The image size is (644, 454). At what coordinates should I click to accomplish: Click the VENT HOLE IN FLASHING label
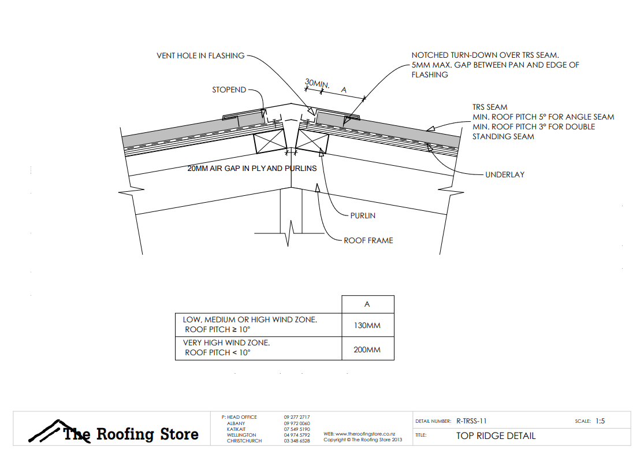(200, 56)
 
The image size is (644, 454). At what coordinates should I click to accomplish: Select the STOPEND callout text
(229, 90)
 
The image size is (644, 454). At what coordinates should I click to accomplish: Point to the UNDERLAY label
(505, 174)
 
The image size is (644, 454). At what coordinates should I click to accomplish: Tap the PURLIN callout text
(363, 215)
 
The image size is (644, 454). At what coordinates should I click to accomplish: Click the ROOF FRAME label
(368, 240)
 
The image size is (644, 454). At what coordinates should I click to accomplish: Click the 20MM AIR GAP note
(252, 169)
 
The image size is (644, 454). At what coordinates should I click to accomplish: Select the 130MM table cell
(367, 326)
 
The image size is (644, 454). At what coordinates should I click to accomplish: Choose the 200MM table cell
(367, 349)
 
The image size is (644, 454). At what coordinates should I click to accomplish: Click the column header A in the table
(367, 304)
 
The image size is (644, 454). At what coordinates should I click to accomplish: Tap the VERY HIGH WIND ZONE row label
(226, 343)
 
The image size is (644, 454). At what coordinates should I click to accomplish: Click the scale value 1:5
(600, 421)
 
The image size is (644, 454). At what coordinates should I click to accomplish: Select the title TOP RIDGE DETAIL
(496, 436)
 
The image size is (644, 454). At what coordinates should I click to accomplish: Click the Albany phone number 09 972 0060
(297, 423)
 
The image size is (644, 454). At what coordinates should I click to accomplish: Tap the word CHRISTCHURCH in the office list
(244, 441)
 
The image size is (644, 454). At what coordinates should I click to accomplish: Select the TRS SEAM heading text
(490, 107)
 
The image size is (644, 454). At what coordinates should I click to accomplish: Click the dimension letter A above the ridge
(344, 90)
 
